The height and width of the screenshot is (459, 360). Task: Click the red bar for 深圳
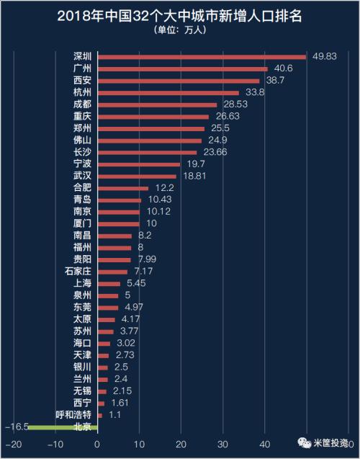click(x=202, y=56)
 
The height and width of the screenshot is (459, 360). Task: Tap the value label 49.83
click(x=322, y=56)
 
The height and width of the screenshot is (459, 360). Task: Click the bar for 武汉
click(x=137, y=175)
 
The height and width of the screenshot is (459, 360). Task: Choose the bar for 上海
click(x=109, y=284)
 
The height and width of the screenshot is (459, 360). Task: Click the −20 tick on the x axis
click(x=14, y=444)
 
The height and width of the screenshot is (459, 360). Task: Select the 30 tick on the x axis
click(x=223, y=444)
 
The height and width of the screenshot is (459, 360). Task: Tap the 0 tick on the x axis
click(x=97, y=444)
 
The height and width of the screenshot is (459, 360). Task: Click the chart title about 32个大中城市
click(x=179, y=14)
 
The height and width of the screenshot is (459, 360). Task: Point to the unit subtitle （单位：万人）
click(x=179, y=30)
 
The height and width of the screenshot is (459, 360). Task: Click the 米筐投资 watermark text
click(x=330, y=443)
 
